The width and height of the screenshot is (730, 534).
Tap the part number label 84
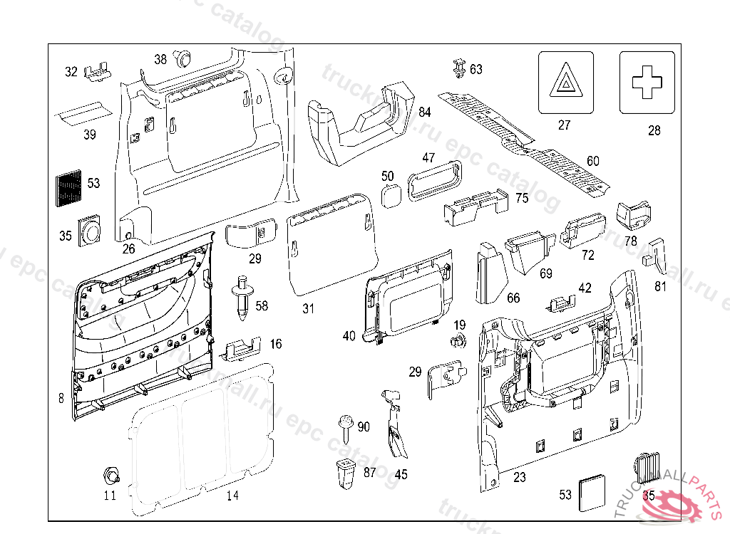tap(425, 112)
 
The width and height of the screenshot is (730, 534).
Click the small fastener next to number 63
tap(458, 68)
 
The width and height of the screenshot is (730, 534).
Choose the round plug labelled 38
tap(185, 57)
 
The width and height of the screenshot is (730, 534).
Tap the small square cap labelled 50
tap(390, 195)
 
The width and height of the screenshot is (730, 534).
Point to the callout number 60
tap(593, 161)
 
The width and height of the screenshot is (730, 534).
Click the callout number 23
tap(520, 477)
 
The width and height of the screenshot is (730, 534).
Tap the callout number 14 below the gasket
tap(232, 496)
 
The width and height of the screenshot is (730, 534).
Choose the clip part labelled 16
tap(242, 347)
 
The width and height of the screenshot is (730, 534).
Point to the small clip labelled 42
tap(560, 304)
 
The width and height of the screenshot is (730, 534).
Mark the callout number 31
tap(308, 308)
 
